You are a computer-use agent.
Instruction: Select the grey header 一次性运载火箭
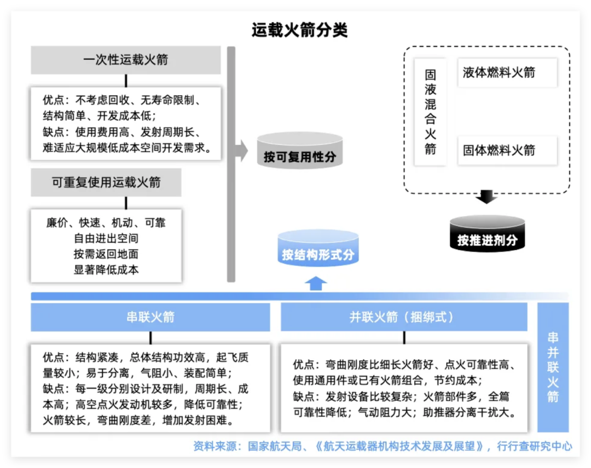(125, 60)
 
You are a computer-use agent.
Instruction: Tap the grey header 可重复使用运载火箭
(106, 182)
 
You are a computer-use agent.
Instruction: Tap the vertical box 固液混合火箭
(431, 112)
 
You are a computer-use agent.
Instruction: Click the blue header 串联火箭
(150, 317)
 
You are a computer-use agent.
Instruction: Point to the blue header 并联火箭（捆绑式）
(404, 317)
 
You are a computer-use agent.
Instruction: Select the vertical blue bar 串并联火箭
(553, 367)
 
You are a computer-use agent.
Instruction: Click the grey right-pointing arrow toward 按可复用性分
(241, 150)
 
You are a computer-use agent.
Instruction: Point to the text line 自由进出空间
(106, 238)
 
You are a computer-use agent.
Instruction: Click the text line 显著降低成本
(106, 269)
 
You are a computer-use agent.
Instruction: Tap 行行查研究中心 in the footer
(534, 446)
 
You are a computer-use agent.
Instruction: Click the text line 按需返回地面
(106, 254)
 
